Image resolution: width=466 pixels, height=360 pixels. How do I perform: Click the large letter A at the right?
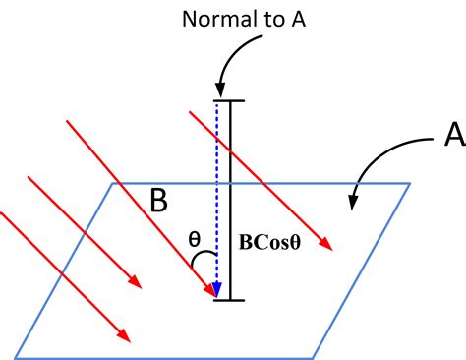[453, 135]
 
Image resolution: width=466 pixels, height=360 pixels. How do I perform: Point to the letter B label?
[158, 201]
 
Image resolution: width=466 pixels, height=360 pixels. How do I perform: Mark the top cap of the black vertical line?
[231, 100]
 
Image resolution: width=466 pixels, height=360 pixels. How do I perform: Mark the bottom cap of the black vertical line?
[231, 299]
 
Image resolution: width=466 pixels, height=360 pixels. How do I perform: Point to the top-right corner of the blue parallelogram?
[410, 183]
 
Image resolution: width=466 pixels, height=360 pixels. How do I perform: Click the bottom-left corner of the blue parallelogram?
[14, 355]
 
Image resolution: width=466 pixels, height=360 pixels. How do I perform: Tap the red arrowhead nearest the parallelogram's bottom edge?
[126, 339]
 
